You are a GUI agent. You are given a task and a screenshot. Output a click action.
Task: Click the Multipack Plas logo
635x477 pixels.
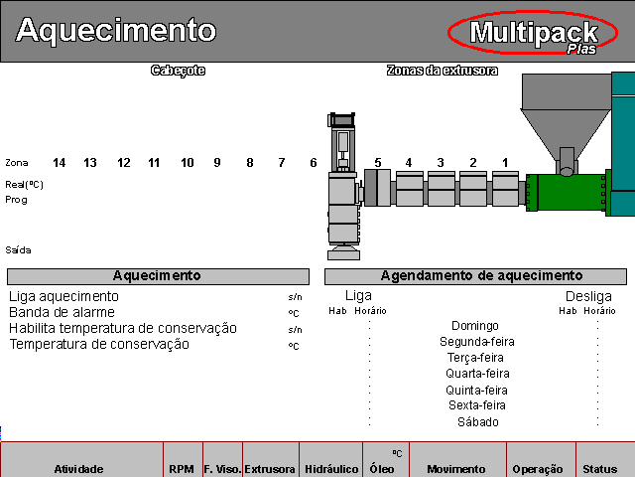click(x=533, y=33)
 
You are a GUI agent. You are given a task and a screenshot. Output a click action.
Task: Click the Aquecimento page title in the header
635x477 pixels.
click(x=116, y=30)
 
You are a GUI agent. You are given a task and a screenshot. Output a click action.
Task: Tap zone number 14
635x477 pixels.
click(x=60, y=163)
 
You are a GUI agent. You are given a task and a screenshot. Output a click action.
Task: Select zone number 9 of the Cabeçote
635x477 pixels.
click(x=217, y=163)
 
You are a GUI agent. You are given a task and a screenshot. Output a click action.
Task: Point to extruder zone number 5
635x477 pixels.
click(x=378, y=163)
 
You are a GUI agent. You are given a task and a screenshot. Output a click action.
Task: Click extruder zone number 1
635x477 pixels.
click(x=505, y=163)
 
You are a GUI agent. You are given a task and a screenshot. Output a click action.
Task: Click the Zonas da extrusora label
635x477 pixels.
click(x=443, y=71)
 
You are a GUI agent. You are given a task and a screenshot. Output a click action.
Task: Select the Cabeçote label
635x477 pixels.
click(x=179, y=71)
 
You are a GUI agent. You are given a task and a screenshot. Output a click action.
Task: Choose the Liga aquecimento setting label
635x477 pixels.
click(x=63, y=296)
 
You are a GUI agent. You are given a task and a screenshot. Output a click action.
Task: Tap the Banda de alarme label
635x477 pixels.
click(x=62, y=312)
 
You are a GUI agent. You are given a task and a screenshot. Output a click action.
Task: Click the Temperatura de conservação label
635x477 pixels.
click(x=99, y=345)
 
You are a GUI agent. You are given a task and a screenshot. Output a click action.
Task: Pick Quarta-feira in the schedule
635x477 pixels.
click(x=477, y=374)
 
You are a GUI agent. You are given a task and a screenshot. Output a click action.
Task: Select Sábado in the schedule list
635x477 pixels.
click(x=478, y=422)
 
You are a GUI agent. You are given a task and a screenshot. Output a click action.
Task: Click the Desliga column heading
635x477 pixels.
click(x=588, y=296)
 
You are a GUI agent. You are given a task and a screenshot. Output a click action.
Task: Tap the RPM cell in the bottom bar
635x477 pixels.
click(x=182, y=469)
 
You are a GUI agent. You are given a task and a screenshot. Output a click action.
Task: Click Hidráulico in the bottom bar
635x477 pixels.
click(x=331, y=469)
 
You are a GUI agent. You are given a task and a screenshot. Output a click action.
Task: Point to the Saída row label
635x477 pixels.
click(x=18, y=249)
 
